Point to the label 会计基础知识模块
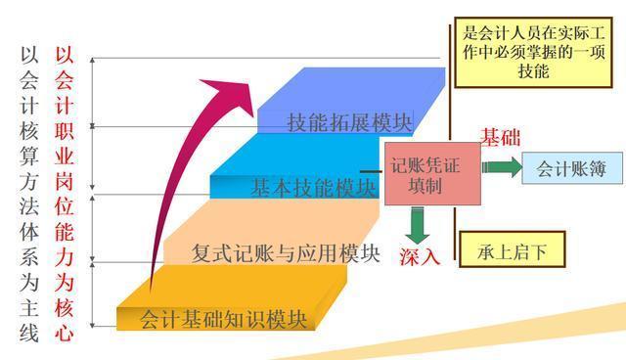[224, 318]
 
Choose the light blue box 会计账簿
[571, 168]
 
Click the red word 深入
[419, 257]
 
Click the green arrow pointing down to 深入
[419, 224]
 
